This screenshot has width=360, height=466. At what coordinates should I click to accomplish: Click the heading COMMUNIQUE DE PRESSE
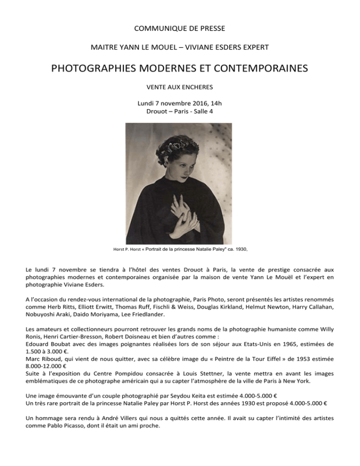click(180, 29)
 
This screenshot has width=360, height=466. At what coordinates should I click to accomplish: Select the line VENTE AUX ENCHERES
click(180, 87)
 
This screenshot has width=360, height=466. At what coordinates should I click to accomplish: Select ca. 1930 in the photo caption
click(235, 250)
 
